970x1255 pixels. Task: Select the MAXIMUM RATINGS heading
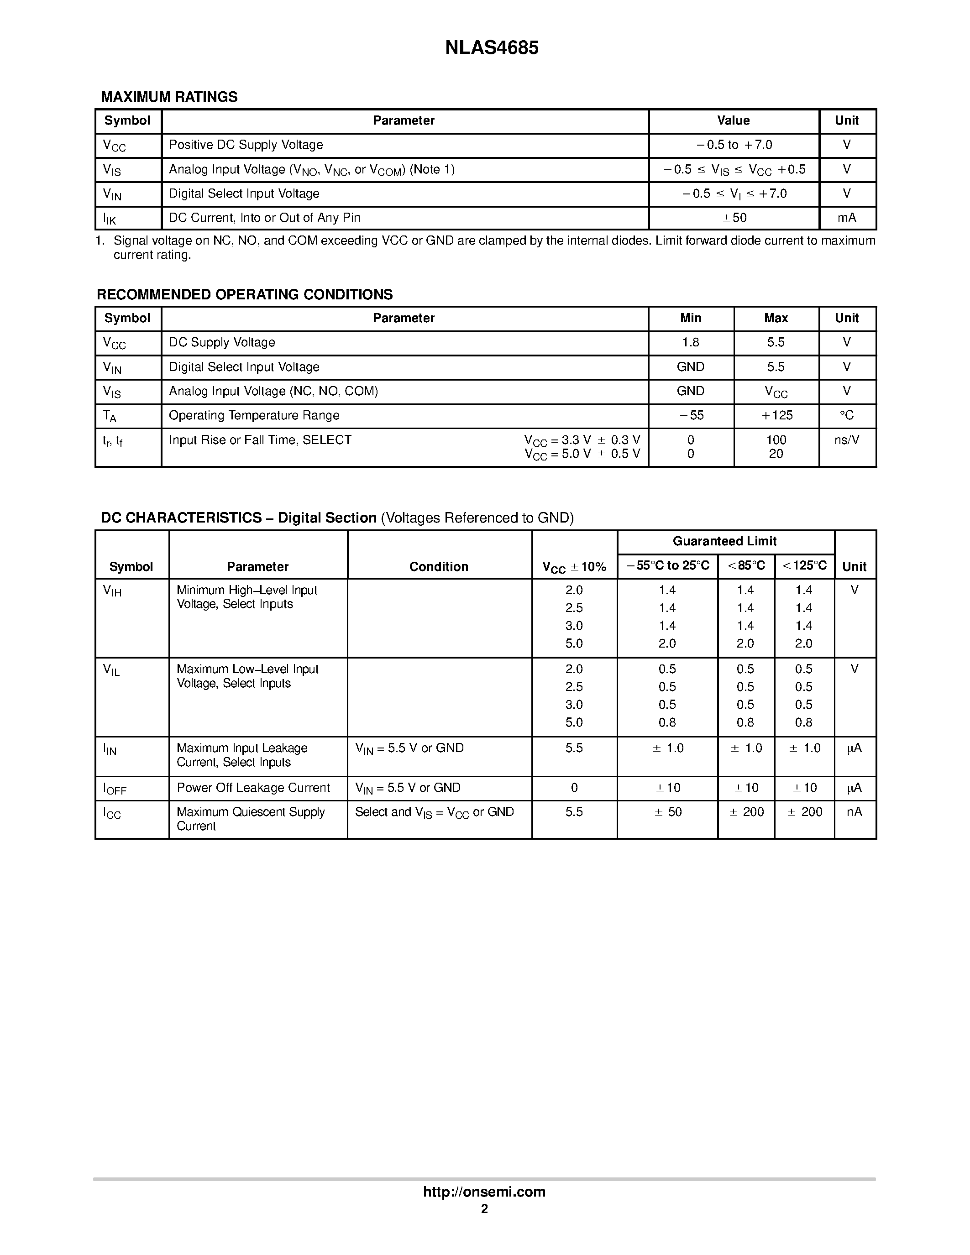coord(169,97)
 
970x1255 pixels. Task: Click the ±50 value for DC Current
coord(734,218)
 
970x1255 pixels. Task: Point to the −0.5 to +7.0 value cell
coord(734,145)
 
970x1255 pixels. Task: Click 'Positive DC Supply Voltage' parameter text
coord(246,145)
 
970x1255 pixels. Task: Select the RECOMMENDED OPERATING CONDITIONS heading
coord(244,295)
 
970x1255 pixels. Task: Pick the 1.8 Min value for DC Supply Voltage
coord(690,342)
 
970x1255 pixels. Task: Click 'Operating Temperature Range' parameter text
coord(253,415)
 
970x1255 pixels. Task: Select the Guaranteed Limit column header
coord(724,541)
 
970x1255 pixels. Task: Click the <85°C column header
coord(746,565)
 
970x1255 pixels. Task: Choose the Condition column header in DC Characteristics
coord(439,567)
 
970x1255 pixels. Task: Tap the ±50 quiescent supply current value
coord(667,812)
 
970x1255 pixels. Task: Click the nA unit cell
coord(854,812)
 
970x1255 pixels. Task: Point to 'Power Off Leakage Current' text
coord(253,788)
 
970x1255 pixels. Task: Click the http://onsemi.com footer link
coord(484,1192)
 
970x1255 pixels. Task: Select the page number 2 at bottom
coord(484,1209)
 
